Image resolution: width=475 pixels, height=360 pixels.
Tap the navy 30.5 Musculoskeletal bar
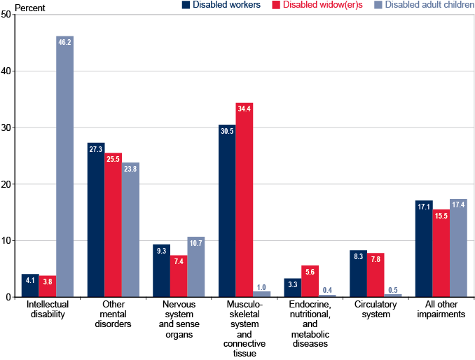(227, 211)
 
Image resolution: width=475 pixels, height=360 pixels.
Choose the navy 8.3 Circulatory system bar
(358, 274)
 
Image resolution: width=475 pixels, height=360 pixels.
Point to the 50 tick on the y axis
(6, 14)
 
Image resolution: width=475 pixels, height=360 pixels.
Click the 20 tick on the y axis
(6, 184)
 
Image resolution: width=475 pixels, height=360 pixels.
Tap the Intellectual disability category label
(47, 310)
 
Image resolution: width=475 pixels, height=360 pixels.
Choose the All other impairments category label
(441, 310)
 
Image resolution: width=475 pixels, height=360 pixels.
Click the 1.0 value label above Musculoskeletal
(261, 286)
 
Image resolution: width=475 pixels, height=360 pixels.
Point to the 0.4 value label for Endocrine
(326, 289)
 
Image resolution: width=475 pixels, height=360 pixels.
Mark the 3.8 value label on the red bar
(47, 280)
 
